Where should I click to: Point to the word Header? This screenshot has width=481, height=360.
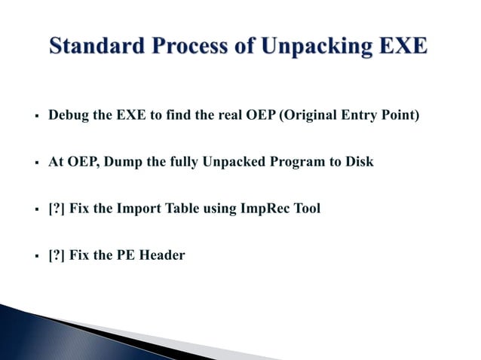(x=163, y=255)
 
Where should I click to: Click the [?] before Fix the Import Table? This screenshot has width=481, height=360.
(x=57, y=209)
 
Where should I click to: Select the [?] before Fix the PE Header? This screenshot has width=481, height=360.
(x=57, y=255)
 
